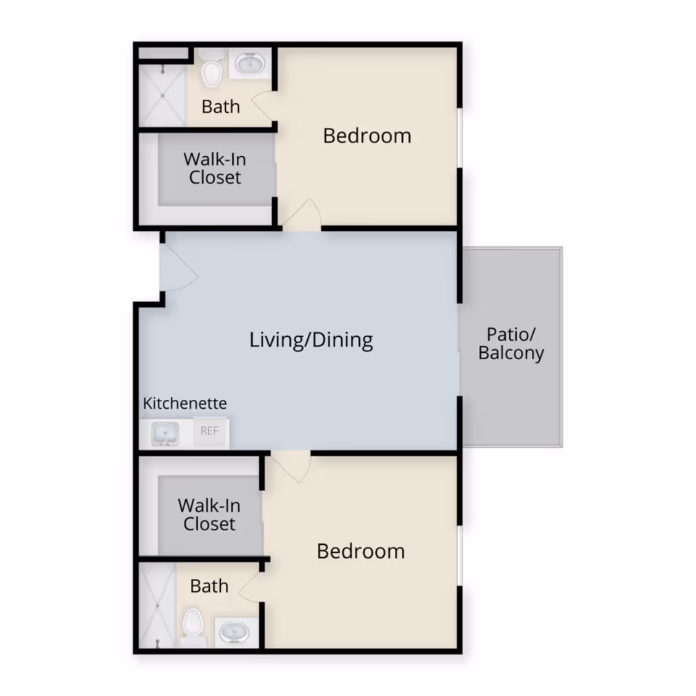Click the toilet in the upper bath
click(211, 70)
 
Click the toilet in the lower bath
click(193, 624)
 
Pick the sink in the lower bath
click(236, 632)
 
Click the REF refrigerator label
click(210, 431)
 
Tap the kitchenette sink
click(165, 434)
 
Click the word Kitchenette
click(185, 403)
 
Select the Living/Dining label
click(311, 339)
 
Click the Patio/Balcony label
click(511, 344)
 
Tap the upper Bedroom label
click(367, 136)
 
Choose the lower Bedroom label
click(360, 551)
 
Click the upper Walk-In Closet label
click(215, 167)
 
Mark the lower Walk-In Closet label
click(209, 514)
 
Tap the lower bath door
click(250, 584)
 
